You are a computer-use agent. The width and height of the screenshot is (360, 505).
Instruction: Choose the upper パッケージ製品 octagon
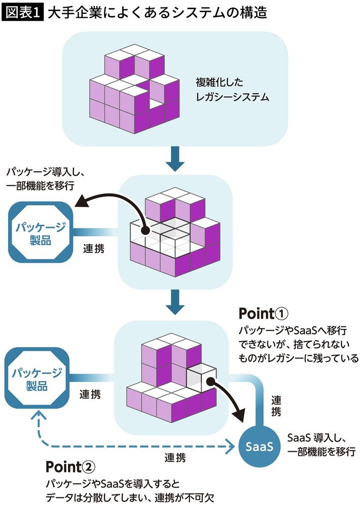click(40, 232)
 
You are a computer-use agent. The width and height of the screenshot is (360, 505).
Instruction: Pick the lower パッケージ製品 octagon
click(37, 379)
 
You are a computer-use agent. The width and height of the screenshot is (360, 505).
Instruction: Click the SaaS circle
click(260, 447)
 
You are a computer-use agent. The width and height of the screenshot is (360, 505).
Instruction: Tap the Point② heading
click(71, 466)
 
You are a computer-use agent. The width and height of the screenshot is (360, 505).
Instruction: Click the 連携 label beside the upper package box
click(94, 249)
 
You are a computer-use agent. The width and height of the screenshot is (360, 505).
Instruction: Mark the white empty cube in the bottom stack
click(199, 377)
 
